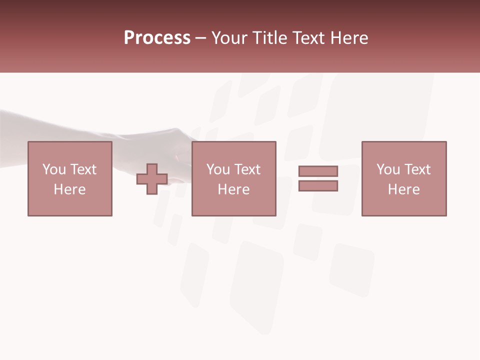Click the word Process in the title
(157, 38)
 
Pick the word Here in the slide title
(349, 38)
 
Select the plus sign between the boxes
(152, 178)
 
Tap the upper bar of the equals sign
(318, 171)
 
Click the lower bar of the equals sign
(318, 186)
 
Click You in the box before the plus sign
(54, 169)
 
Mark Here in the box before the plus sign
(69, 189)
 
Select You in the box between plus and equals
(218, 169)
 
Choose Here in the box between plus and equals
(233, 189)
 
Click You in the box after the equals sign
(388, 169)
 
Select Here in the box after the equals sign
(403, 189)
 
